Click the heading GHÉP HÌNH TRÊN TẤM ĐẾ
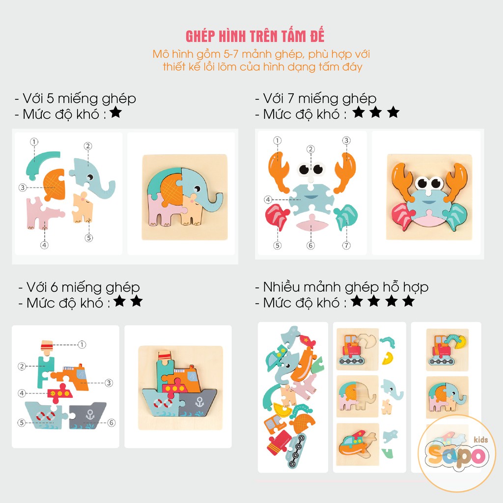pyautogui.click(x=255, y=36)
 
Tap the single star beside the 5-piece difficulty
pyautogui.click(x=115, y=112)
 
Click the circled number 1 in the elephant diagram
pyautogui.click(x=34, y=141)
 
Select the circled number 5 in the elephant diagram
pyautogui.click(x=89, y=238)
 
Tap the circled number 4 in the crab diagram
pyautogui.click(x=268, y=199)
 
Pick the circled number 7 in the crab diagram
pyautogui.click(x=346, y=246)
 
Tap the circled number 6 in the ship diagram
pyautogui.click(x=112, y=422)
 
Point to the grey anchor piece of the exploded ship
pyautogui.click(x=87, y=416)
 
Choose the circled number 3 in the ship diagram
pyautogui.click(x=109, y=383)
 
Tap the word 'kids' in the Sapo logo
pyautogui.click(x=480, y=439)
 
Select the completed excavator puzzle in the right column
pyautogui.click(x=447, y=350)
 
